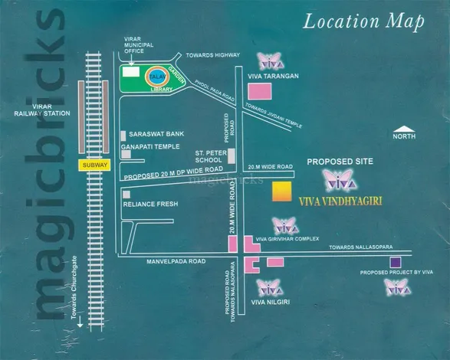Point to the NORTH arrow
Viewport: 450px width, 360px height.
[403, 128]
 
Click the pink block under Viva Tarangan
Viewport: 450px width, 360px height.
[262, 91]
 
